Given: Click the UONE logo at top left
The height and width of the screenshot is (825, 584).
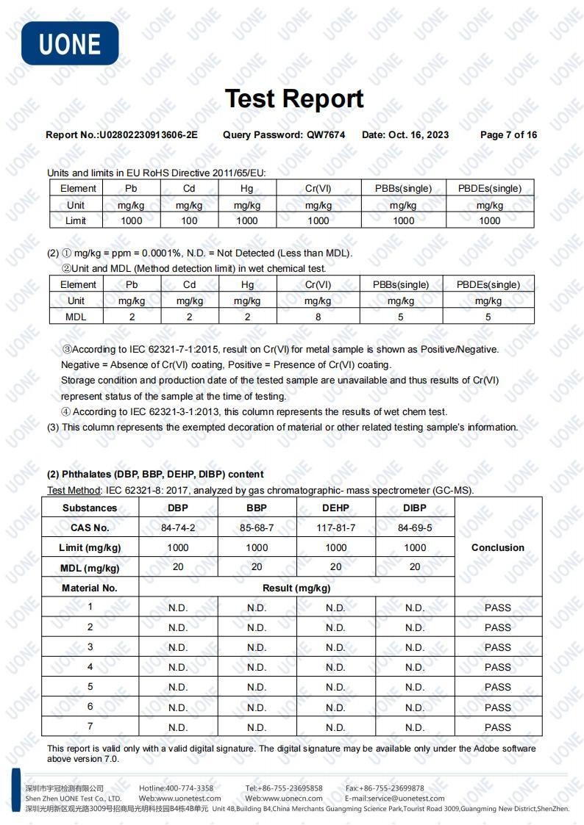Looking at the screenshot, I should (70, 43).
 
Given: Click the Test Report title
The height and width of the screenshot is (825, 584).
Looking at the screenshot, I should (293, 98).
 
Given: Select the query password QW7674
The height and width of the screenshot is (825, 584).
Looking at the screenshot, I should (326, 134).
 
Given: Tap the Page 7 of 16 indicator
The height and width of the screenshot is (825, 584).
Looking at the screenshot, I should (508, 134).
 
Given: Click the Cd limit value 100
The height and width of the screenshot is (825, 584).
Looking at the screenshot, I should (189, 220).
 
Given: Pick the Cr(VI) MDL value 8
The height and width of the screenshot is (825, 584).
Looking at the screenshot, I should (317, 317).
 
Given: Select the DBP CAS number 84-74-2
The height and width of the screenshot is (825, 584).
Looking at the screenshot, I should (178, 527).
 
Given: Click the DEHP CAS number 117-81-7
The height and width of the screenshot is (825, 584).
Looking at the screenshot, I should (335, 527).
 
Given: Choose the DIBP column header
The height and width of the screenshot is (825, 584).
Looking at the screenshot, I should (415, 508).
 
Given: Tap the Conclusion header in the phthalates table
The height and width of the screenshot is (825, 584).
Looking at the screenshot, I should (498, 547).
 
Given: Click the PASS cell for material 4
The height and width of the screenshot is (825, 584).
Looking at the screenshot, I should (498, 667).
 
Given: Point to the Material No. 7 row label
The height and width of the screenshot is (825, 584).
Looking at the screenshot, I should (90, 727).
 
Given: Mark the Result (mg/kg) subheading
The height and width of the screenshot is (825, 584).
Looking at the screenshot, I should (296, 588).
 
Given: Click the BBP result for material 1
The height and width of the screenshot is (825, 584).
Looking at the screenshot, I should (257, 608).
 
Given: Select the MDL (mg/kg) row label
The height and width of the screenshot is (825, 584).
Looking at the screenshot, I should (90, 567).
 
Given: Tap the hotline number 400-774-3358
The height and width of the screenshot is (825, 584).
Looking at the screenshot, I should (189, 788).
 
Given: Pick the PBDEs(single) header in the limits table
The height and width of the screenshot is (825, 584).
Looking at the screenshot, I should (489, 188).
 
